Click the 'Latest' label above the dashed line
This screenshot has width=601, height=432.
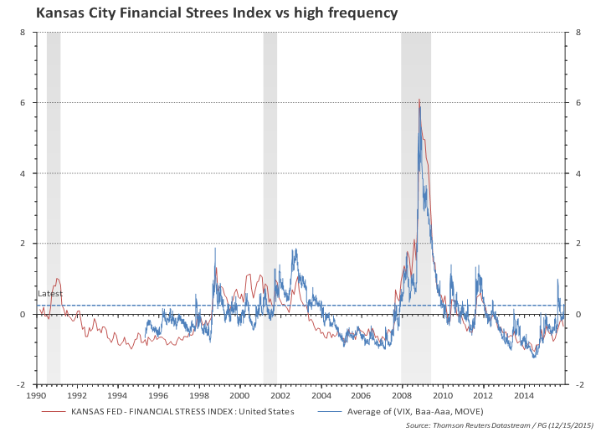[49, 294]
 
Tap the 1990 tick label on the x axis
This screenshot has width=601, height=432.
[37, 394]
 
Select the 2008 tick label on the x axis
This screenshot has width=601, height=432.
[402, 394]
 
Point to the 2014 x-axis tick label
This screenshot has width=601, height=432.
[523, 394]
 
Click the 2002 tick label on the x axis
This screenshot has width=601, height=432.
[280, 394]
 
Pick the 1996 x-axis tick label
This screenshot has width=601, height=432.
[158, 394]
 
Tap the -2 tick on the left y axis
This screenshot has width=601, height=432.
[22, 385]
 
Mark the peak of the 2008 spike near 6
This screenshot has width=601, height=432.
[419, 100]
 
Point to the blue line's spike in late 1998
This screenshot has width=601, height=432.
[215, 249]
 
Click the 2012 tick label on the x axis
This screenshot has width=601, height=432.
[483, 394]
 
